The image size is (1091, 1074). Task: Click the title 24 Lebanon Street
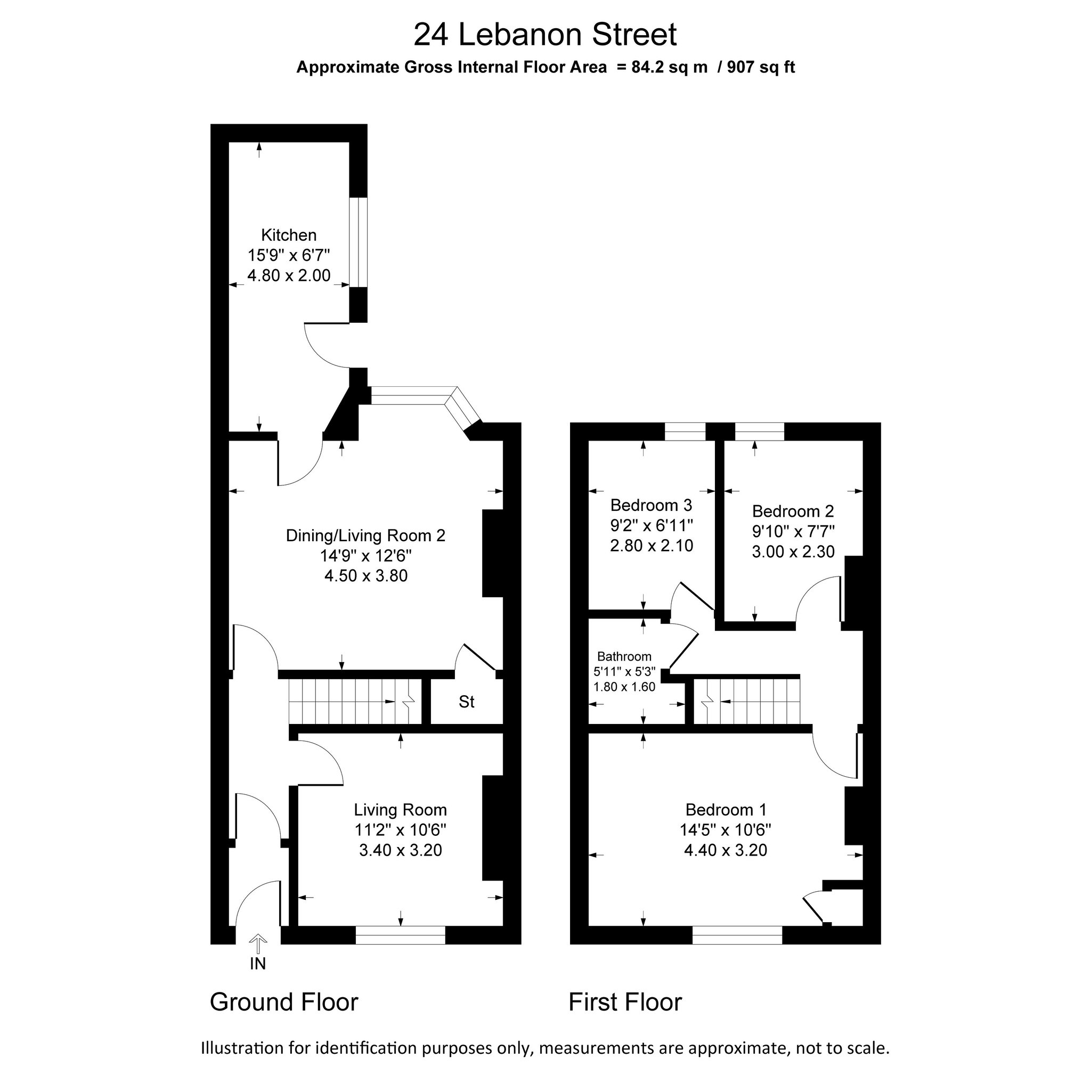(x=544, y=35)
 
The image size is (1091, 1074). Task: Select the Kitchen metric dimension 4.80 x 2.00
(x=288, y=276)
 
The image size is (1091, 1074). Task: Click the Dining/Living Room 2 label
(x=365, y=535)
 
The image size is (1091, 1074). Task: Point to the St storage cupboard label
(x=467, y=702)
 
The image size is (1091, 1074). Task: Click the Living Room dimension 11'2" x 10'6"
(x=400, y=830)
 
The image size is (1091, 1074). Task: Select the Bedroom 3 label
(x=651, y=505)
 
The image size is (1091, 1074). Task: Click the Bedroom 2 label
(x=793, y=511)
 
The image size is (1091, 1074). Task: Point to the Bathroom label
(x=624, y=656)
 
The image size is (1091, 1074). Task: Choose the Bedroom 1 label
(x=726, y=809)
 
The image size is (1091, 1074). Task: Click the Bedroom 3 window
(x=685, y=432)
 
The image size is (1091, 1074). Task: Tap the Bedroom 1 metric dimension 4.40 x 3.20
(x=726, y=850)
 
